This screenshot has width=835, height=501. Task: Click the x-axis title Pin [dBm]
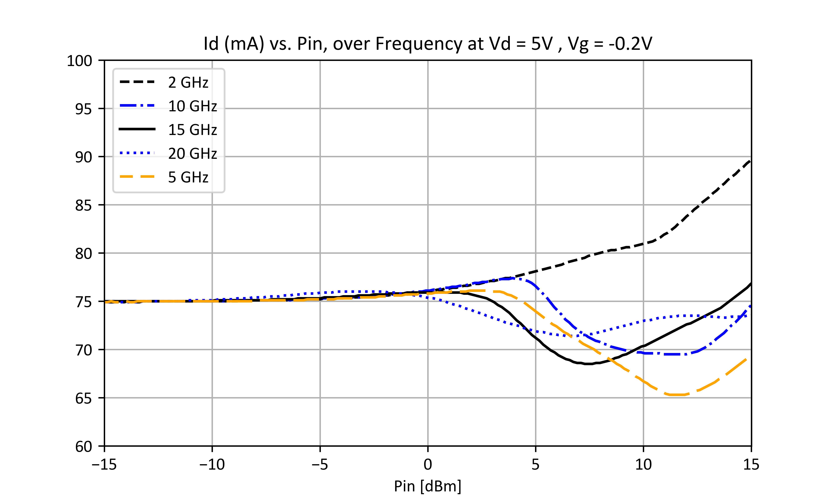[428, 486]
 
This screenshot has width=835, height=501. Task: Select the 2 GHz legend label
[188, 82]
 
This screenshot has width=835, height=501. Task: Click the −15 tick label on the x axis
[104, 465]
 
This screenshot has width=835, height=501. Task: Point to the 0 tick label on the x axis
[428, 465]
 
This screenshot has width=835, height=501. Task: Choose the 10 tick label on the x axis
[643, 465]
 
